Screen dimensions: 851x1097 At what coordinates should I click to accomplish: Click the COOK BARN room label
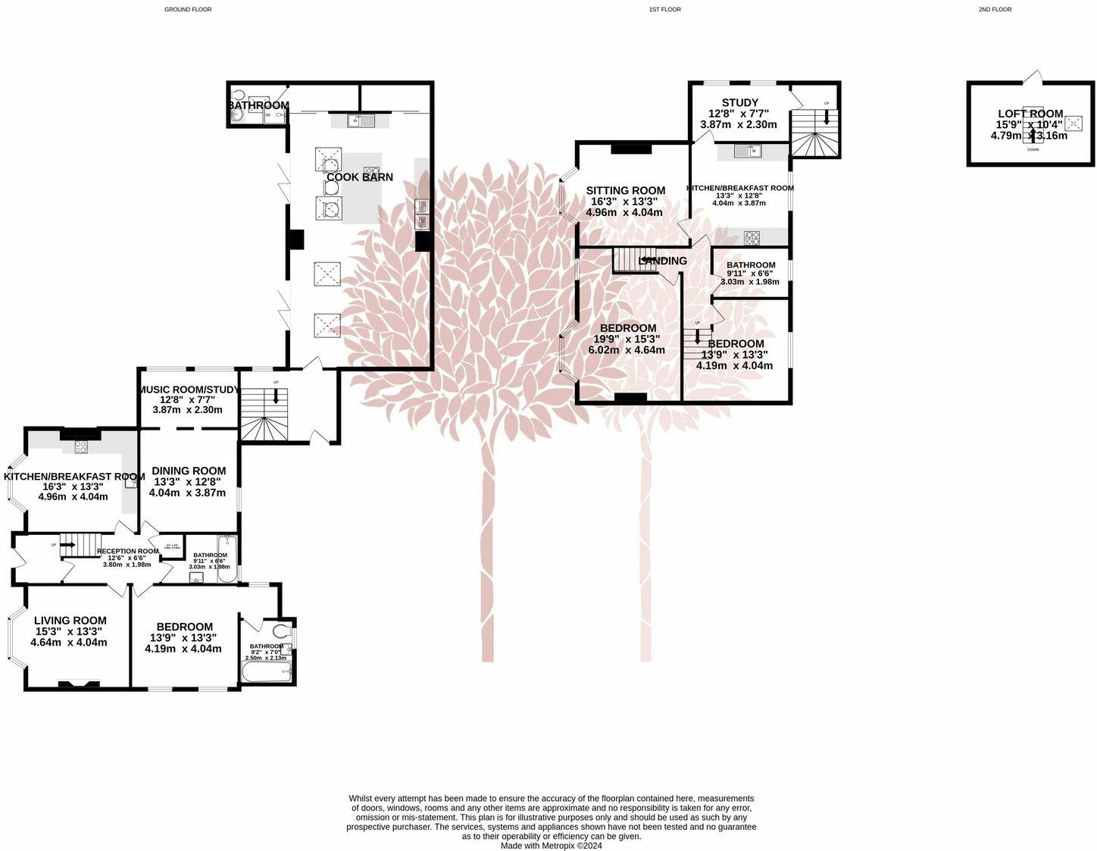[x=360, y=177]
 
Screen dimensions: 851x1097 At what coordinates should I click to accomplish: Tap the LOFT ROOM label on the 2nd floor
[x=1030, y=114]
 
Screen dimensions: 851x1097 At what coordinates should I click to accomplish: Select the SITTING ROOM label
[x=625, y=191]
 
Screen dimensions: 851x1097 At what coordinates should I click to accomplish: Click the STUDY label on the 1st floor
[x=739, y=103]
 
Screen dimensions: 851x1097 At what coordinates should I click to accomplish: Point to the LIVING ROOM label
[x=70, y=621]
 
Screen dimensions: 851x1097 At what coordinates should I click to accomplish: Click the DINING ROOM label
[x=188, y=471]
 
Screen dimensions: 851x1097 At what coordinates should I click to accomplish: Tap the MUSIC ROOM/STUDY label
[x=188, y=390]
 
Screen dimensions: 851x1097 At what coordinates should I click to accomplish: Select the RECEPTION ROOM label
[x=127, y=552]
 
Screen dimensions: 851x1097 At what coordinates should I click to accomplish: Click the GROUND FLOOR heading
[x=188, y=10]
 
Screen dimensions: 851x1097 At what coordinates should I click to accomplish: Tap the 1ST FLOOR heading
[x=664, y=10]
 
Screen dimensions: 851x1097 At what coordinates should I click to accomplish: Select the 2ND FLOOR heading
[x=995, y=10]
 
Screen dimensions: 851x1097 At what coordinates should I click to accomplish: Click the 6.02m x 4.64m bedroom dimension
[x=627, y=350]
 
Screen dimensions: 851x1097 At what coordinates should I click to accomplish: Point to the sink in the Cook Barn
[x=359, y=120]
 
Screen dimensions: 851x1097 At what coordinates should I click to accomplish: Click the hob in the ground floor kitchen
[x=80, y=447]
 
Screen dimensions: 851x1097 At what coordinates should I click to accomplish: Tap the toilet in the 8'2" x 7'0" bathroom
[x=280, y=630]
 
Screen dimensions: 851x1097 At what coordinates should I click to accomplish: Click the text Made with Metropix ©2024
[x=551, y=846]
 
